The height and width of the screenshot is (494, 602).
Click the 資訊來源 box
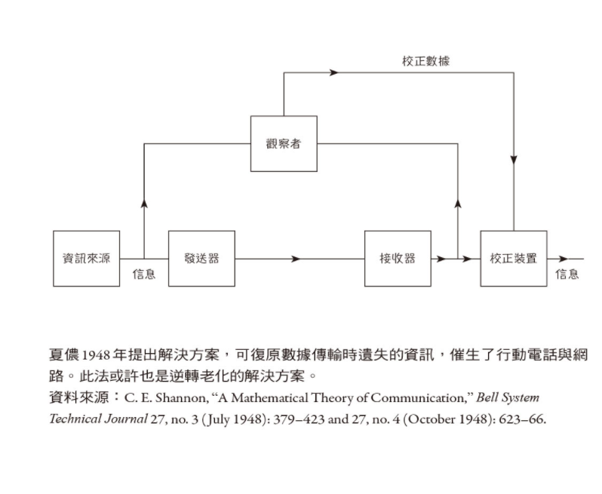coord(86,259)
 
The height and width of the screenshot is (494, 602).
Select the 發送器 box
coord(201,259)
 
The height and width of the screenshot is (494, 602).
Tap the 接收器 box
coord(398,259)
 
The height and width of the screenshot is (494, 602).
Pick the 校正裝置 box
coord(513,259)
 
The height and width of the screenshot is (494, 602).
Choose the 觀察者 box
coord(284,143)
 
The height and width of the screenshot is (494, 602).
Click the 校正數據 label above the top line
coord(425,61)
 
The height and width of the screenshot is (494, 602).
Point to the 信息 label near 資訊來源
coord(144,275)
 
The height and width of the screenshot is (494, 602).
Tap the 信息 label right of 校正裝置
coord(567,275)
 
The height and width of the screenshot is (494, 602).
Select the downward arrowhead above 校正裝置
coord(514,161)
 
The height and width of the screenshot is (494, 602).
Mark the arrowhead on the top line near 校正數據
coord(333,72)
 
